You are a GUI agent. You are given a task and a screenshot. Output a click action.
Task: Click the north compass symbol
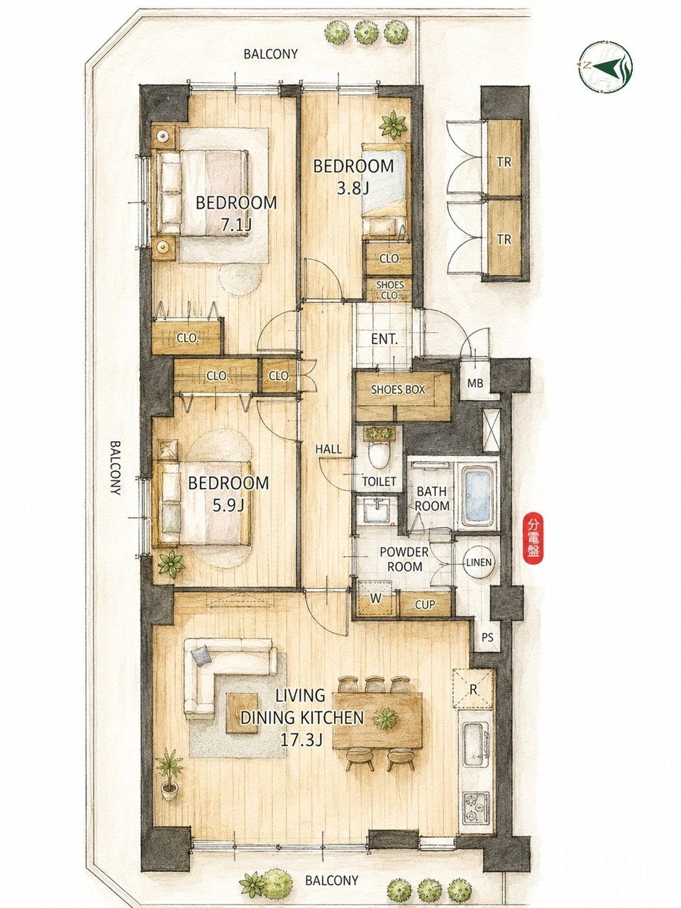605,67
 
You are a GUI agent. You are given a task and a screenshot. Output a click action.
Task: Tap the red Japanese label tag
533,538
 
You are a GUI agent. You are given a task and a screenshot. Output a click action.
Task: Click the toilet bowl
379,455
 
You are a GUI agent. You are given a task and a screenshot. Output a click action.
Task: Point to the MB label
475,384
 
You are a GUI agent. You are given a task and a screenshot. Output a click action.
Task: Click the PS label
487,637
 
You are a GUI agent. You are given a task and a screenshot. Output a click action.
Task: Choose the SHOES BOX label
398,389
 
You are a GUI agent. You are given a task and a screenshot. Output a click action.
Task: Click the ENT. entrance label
384,339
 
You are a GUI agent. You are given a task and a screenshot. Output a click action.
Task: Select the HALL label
328,449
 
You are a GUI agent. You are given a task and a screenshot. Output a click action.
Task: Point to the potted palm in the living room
170,773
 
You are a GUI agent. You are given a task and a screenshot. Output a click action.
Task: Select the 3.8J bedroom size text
353,189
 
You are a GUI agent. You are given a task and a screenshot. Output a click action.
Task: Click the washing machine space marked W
375,598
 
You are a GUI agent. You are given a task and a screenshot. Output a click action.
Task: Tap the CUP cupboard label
425,605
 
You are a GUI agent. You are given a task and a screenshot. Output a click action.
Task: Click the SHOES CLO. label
390,290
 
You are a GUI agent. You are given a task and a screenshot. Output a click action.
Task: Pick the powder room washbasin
377,511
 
